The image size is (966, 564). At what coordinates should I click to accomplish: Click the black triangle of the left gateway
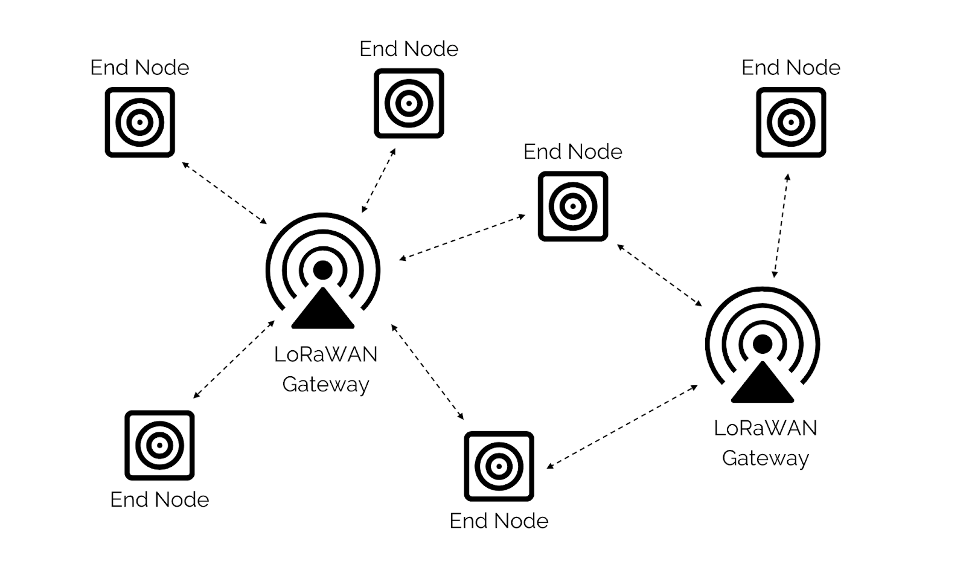tap(322, 312)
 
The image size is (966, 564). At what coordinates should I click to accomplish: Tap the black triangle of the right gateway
tap(763, 385)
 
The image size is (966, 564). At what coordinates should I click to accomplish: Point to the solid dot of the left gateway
tap(323, 270)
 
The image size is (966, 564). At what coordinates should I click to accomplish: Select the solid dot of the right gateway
tap(763, 344)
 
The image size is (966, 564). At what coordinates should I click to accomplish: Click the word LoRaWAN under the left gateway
tap(325, 354)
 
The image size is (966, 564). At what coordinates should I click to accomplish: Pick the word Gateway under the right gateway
tap(765, 458)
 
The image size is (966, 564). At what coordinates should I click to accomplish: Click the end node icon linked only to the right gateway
tap(791, 122)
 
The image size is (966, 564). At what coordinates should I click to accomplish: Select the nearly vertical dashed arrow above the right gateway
tap(781, 226)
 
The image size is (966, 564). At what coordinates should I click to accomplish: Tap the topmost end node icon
tap(409, 103)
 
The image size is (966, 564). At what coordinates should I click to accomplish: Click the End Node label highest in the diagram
tap(409, 49)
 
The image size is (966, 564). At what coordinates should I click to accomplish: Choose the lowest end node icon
tap(499, 466)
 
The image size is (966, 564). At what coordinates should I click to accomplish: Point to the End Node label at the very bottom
tap(499, 521)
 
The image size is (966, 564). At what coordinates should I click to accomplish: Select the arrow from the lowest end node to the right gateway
tap(622, 427)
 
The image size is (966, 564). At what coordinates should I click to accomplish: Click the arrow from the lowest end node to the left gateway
tap(427, 372)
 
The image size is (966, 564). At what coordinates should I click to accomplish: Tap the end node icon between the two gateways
tap(573, 207)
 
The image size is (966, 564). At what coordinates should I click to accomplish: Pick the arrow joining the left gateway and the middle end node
tap(462, 238)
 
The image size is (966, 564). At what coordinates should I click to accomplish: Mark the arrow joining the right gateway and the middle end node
tap(659, 275)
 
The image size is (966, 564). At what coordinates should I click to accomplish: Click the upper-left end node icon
tap(140, 122)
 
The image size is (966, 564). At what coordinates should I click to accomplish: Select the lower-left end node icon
tap(159, 446)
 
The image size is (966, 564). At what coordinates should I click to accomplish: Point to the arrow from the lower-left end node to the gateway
tap(234, 360)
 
